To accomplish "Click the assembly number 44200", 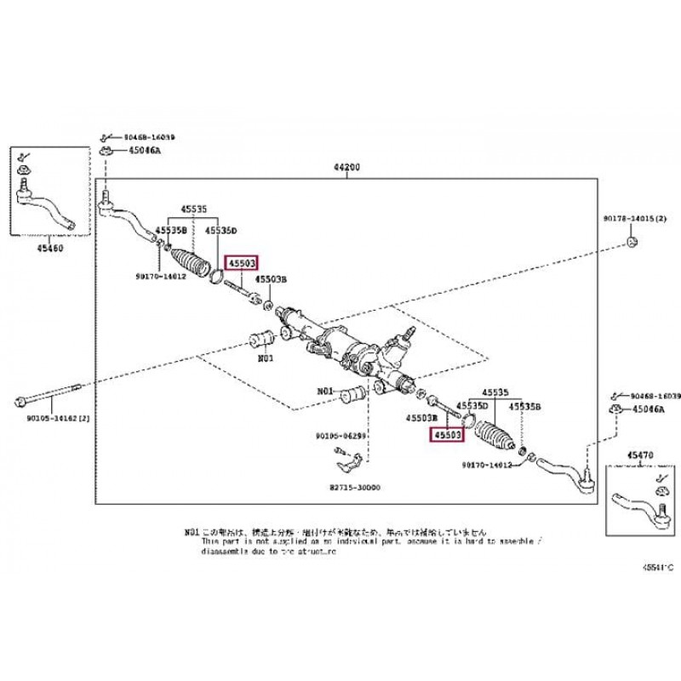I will (x=346, y=169).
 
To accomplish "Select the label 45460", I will (x=49, y=250).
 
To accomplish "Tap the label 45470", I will (x=638, y=455).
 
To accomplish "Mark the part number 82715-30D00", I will (x=357, y=489).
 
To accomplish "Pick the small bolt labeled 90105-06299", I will (x=338, y=449).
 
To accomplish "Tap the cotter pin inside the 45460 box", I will (x=25, y=157).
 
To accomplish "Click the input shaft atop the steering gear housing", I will (x=410, y=328).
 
